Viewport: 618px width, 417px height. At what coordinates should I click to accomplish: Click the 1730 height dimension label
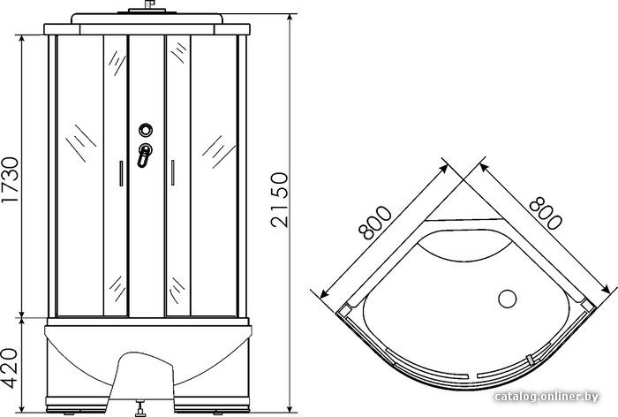pos(10,179)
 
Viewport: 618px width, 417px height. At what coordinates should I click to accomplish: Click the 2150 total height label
pos(280,200)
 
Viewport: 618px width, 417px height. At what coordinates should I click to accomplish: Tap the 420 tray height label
pos(10,368)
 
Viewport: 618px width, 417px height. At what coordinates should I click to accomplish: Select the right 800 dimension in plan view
pos(546,213)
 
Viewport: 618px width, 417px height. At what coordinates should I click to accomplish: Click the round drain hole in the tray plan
pos(508,299)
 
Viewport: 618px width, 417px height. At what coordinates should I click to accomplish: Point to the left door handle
pos(121,173)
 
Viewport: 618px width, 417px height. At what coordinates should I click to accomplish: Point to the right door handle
pos(173,172)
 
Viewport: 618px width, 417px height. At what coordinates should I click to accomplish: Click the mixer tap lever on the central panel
pos(144,155)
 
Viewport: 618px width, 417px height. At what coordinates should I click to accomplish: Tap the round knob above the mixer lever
pos(146,130)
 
